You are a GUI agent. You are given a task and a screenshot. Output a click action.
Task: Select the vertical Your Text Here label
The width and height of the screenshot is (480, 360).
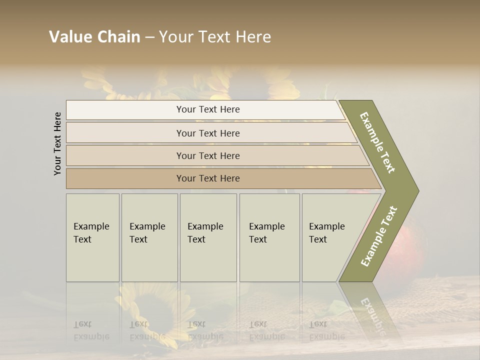coord(57,144)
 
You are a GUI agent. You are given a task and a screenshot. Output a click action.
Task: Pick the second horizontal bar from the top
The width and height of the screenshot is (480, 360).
coord(208,133)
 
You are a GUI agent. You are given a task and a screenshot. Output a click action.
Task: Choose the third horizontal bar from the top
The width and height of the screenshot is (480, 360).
coord(208,155)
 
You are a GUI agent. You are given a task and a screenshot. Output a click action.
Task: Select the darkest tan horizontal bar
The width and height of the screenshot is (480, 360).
coord(208,178)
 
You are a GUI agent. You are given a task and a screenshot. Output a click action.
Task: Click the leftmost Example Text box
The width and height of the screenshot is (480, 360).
coord(92,237)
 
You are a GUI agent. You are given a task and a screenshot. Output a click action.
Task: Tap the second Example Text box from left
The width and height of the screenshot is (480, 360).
coord(149,237)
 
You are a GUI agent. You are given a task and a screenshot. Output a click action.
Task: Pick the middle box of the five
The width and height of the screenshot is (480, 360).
coord(208,237)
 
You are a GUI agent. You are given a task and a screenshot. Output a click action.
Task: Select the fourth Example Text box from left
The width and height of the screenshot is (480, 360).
coord(269,237)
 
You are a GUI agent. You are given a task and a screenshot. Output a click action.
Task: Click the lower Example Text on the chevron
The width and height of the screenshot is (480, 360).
coord(378,236)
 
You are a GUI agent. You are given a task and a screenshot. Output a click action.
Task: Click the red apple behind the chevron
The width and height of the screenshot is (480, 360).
coord(407,240)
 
